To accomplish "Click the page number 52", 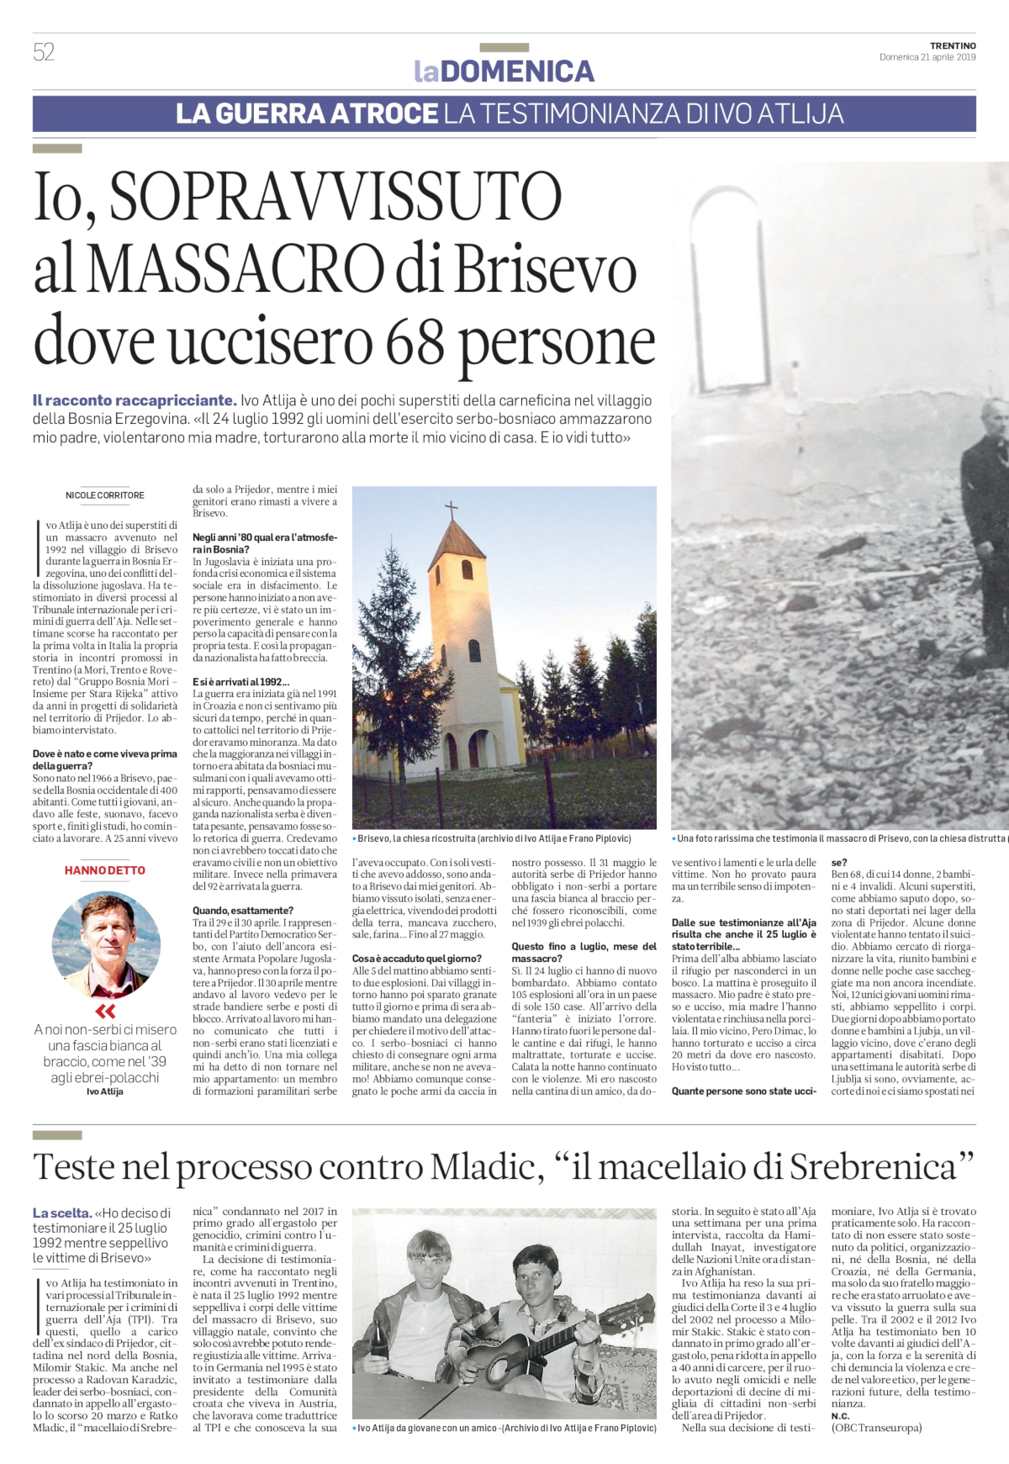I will coord(44,52).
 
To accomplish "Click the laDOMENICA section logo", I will coord(504,71).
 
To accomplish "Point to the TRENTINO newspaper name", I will coord(953,45).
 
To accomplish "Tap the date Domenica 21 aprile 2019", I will coord(927,57).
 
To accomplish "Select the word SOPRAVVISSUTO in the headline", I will coord(335,198).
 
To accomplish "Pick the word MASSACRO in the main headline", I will coord(237,270).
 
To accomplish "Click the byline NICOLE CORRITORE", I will coord(105,495).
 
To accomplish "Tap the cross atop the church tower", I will coord(452,510).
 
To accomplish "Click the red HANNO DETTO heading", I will coord(105,870).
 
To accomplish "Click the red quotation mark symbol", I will coord(105,1011).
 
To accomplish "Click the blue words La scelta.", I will coord(61,1213).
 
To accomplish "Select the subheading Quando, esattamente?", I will coord(243,910).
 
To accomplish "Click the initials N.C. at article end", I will coord(840,1415).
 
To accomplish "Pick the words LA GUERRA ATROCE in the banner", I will coord(307,114).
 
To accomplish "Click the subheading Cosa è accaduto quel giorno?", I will coord(417,958).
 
